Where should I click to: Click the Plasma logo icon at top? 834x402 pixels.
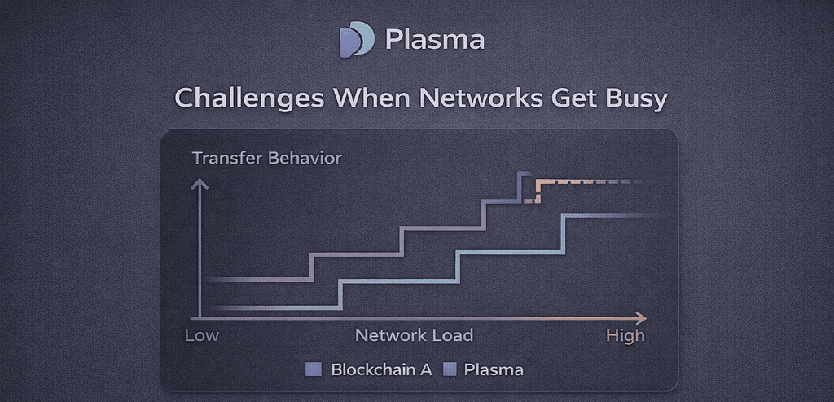[x=357, y=39]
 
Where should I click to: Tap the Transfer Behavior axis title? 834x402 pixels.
[x=266, y=158]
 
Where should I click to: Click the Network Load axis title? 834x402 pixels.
[x=414, y=335]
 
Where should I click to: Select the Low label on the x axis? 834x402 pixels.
[x=202, y=335]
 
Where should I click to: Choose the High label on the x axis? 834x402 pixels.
[x=625, y=335]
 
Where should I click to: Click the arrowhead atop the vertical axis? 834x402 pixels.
[x=199, y=184]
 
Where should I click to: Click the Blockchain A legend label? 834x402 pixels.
[x=381, y=369]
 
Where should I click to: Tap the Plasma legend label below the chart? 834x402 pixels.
[x=494, y=369]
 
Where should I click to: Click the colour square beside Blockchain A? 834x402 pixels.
[x=314, y=369]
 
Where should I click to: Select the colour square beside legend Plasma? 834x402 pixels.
[x=449, y=369]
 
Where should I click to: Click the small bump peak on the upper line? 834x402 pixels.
[x=525, y=173]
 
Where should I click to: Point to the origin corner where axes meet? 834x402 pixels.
[x=199, y=317]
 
